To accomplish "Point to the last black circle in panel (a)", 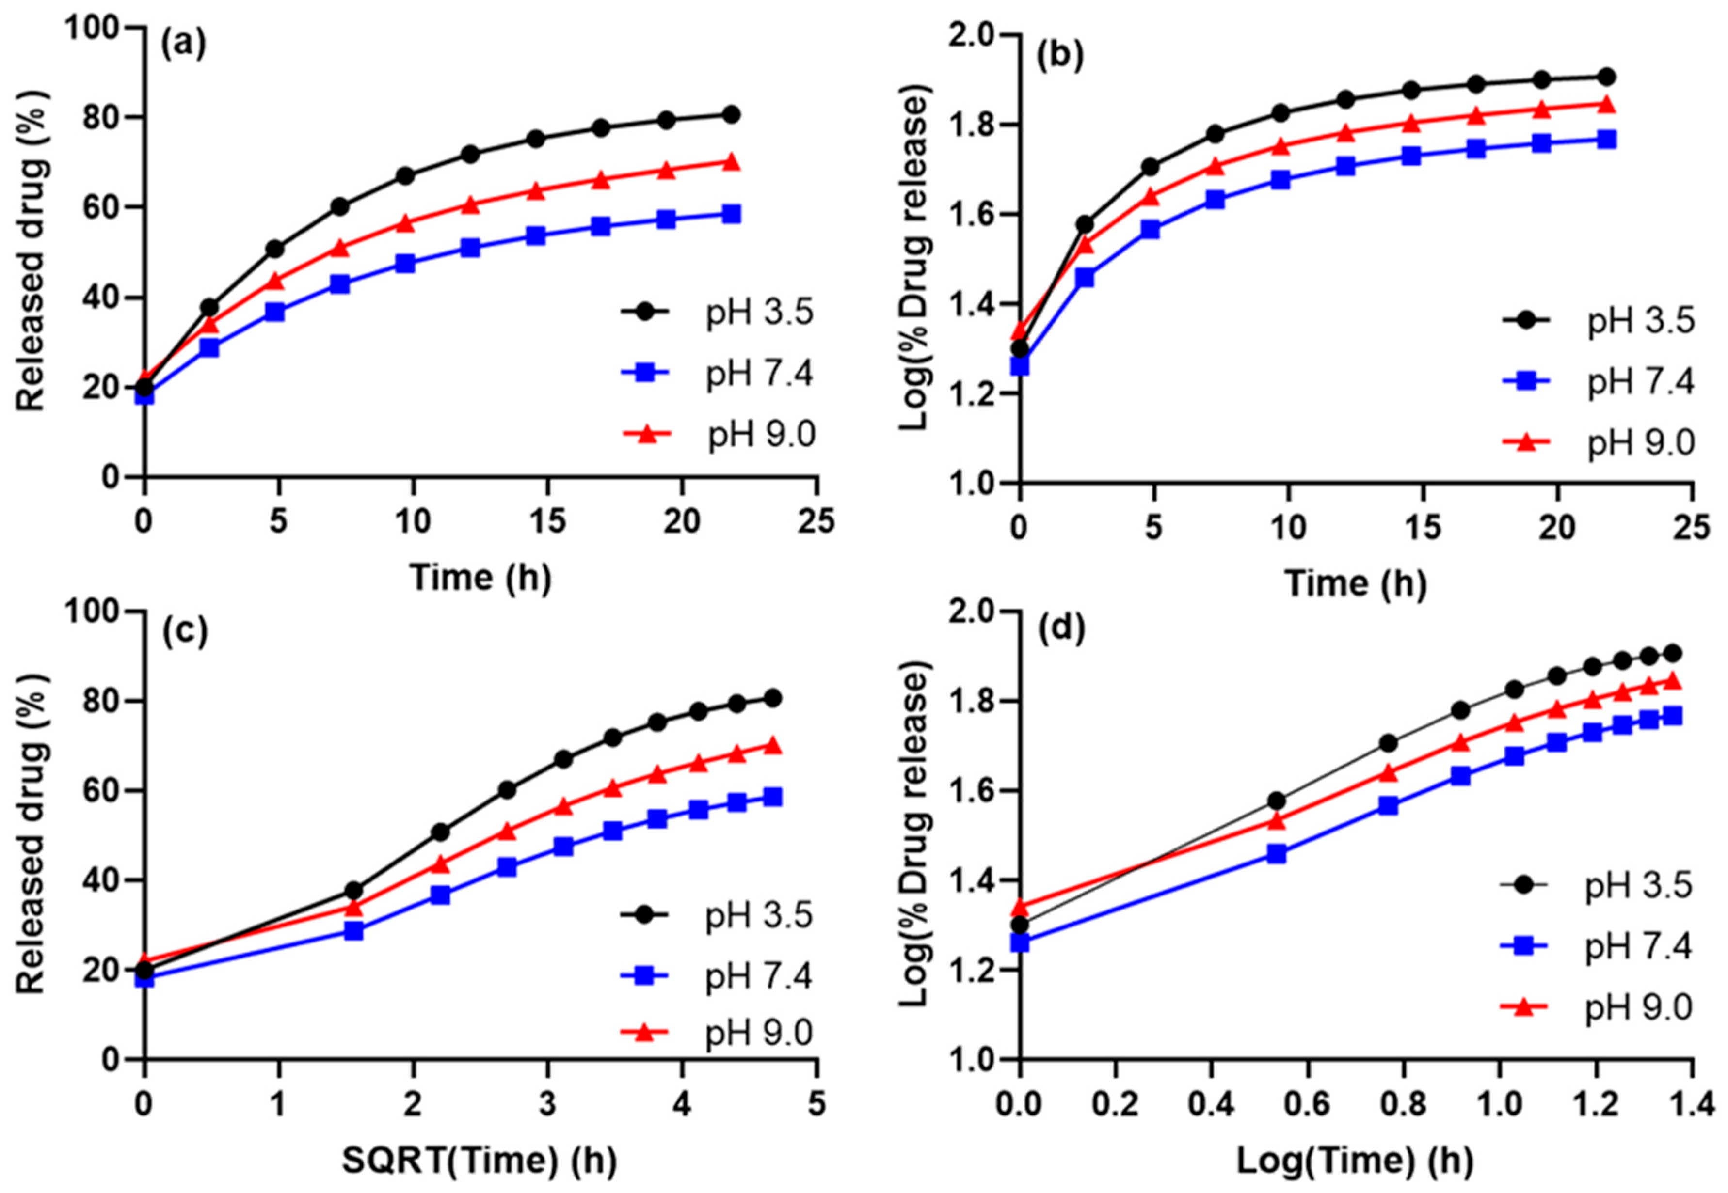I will pos(731,114).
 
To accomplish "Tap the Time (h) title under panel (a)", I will pos(480,578).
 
